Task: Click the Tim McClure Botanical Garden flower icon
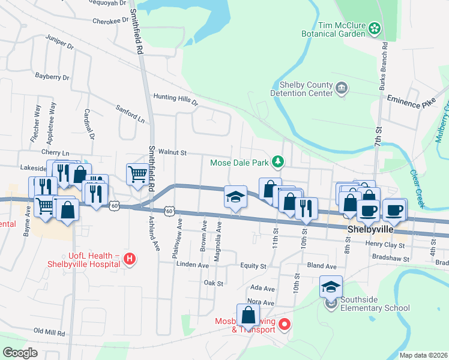pos(375,28)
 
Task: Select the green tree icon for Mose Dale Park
pos(277,161)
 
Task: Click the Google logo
pos(20,352)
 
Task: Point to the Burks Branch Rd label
pos(382,67)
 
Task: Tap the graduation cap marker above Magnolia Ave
pos(236,197)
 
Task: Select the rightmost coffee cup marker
pos(394,210)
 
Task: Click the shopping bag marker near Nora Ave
pos(248,315)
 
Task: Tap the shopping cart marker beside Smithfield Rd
pos(137,175)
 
